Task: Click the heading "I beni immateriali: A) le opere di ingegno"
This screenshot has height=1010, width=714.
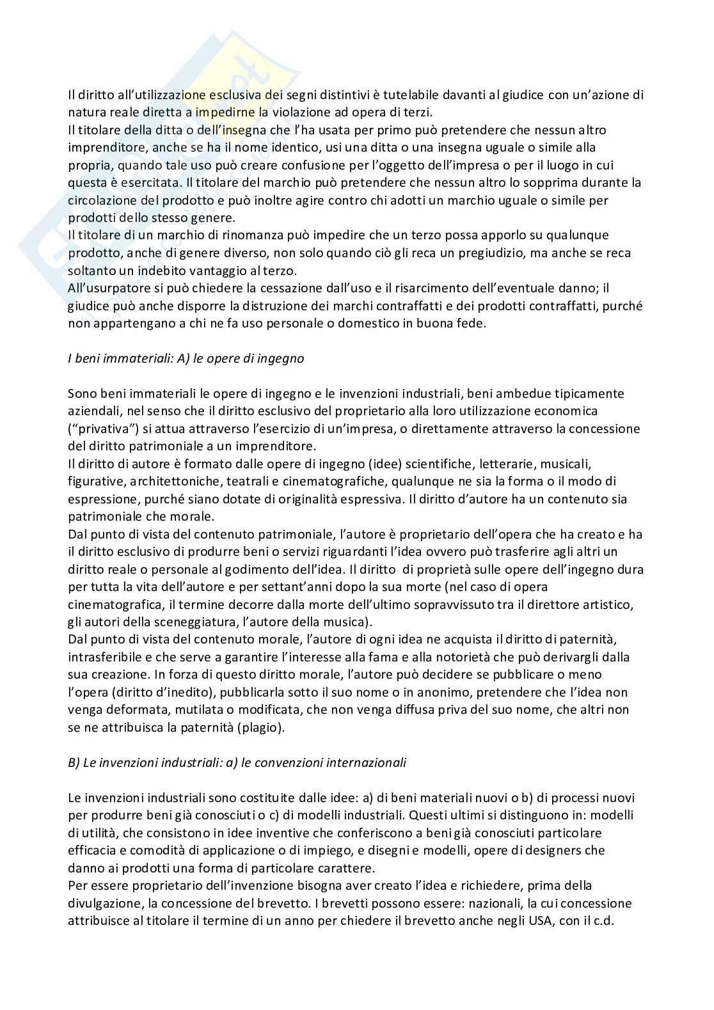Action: [186, 358]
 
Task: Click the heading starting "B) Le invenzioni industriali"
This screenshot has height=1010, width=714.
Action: [237, 762]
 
